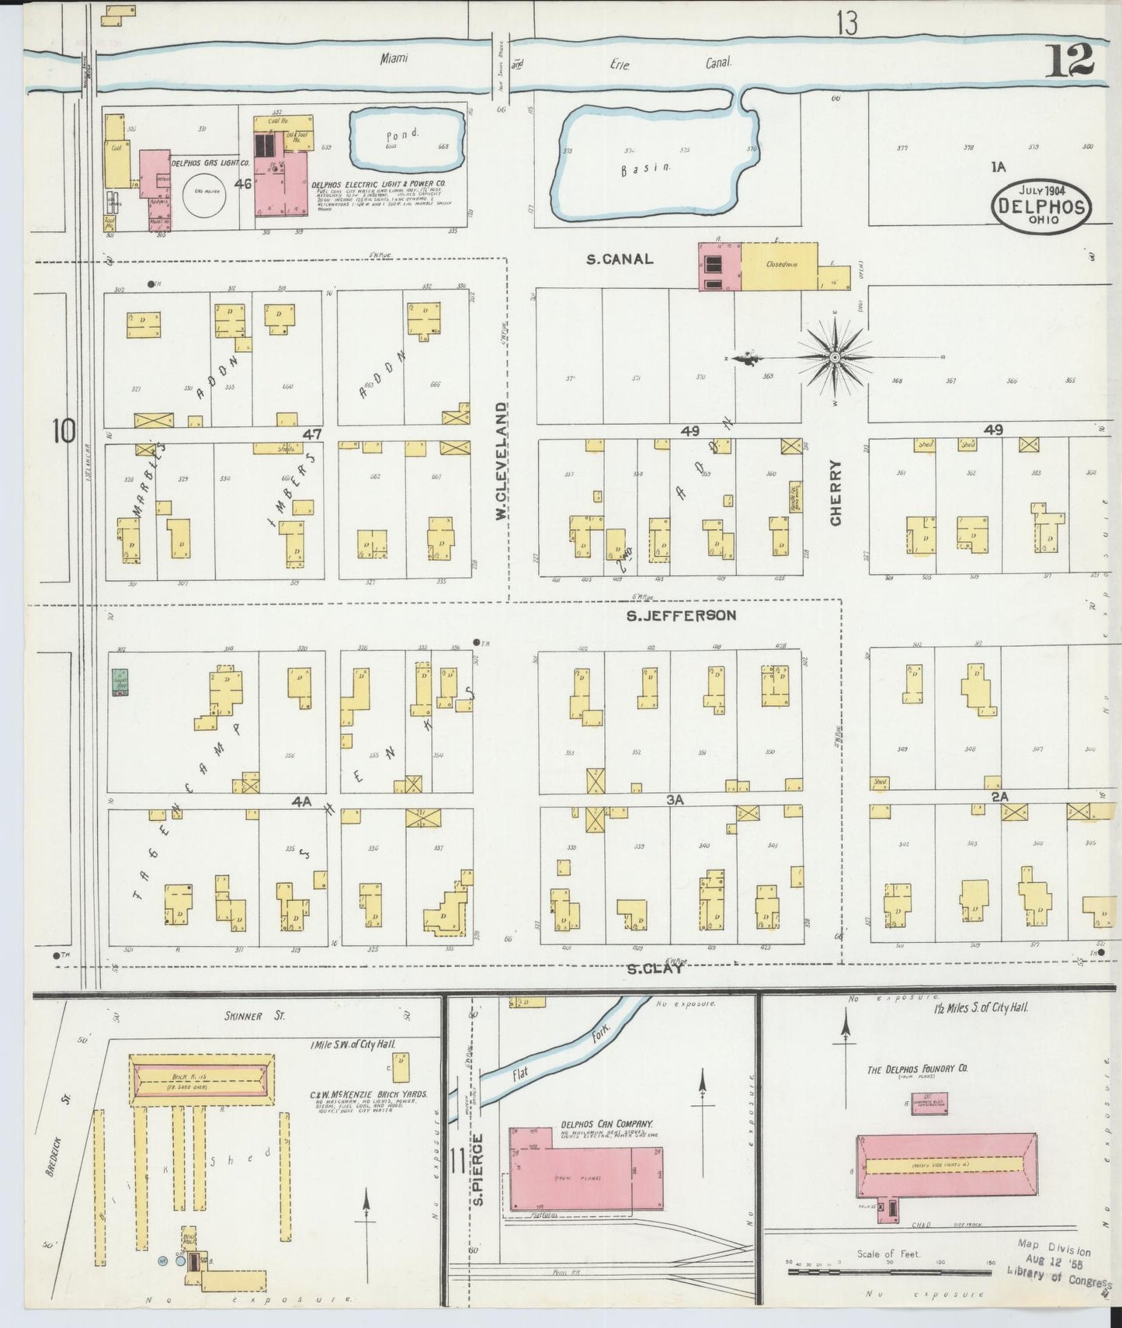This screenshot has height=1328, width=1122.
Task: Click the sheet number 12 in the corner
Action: pyautogui.click(x=1070, y=61)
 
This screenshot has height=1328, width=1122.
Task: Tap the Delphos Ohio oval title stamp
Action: pyautogui.click(x=1041, y=205)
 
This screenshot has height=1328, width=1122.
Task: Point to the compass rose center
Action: pyautogui.click(x=835, y=357)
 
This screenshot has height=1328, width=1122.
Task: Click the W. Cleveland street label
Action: pyautogui.click(x=502, y=461)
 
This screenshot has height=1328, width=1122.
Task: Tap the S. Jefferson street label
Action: pyautogui.click(x=681, y=616)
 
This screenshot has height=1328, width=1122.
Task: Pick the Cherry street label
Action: pyautogui.click(x=835, y=492)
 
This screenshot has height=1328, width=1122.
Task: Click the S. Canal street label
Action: pyautogui.click(x=619, y=259)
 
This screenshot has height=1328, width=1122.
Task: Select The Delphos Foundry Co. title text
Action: pyautogui.click(x=917, y=1069)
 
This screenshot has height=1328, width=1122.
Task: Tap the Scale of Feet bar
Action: pyautogui.click(x=888, y=1272)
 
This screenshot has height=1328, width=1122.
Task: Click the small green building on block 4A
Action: pyautogui.click(x=120, y=682)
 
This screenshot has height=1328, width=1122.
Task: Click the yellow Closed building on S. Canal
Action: pyautogui.click(x=779, y=266)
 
